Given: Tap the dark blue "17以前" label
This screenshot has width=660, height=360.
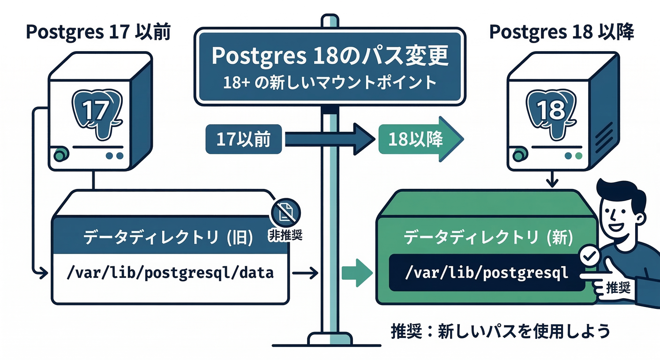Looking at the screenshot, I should (x=244, y=139).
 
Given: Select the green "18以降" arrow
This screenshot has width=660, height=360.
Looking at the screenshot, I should (x=420, y=139).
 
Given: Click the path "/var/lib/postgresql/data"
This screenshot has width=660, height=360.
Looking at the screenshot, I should (x=170, y=272).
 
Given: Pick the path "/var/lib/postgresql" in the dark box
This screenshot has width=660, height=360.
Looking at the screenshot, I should (x=486, y=272).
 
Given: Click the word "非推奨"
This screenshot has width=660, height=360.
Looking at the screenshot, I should (x=285, y=235).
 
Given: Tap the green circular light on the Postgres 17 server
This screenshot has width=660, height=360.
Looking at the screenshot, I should (x=60, y=155).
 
